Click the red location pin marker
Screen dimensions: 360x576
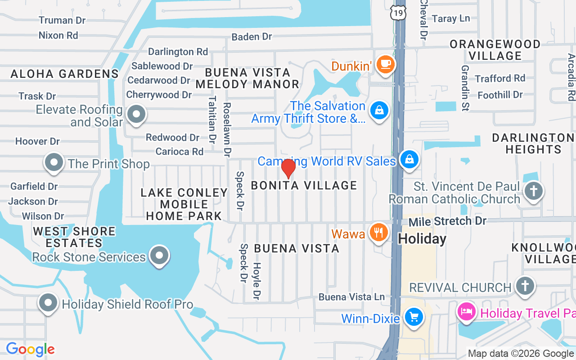tap(288, 168)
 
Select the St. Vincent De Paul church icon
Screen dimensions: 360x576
tap(534, 191)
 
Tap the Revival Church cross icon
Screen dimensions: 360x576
tap(524, 285)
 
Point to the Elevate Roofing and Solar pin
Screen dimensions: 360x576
tap(136, 114)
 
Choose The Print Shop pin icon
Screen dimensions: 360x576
tap(54, 162)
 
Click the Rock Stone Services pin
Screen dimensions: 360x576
tap(158, 255)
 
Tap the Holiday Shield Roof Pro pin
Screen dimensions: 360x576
tap(48, 303)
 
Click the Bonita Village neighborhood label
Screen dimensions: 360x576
tap(304, 185)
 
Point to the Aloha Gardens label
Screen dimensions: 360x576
tap(64, 74)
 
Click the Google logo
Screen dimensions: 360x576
tap(30, 349)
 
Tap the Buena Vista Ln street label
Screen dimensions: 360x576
tap(352, 297)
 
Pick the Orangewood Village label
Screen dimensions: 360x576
tap(495, 50)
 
